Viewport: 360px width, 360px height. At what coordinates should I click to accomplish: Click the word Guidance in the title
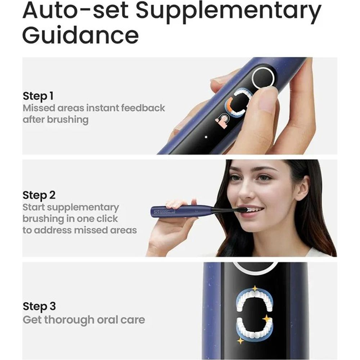click(81, 35)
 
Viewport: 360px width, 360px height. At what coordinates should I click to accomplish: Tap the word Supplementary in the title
click(229, 11)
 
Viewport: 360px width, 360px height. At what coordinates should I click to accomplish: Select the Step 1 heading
click(38, 96)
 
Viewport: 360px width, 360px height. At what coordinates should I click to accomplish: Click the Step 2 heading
click(39, 195)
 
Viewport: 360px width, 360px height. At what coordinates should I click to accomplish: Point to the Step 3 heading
click(39, 306)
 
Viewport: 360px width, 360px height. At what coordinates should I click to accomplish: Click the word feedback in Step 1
click(143, 108)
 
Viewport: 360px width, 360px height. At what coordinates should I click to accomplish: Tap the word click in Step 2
click(107, 219)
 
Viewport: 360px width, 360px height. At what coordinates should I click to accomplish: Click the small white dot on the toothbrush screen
click(206, 137)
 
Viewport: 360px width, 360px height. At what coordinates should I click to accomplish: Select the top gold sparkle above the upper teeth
click(255, 288)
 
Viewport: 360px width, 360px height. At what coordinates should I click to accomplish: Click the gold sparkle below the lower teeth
click(240, 341)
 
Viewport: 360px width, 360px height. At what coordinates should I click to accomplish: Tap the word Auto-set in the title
click(76, 11)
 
